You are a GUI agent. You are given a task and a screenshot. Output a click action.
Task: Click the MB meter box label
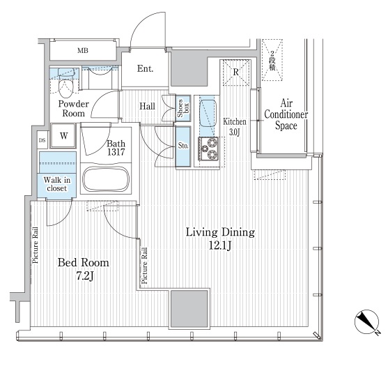83,51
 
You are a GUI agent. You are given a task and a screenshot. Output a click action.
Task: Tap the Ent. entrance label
146,68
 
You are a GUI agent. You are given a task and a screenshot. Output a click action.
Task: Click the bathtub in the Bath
106,179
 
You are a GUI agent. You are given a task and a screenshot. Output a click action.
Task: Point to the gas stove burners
208,148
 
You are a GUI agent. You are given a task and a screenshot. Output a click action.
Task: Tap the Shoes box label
183,108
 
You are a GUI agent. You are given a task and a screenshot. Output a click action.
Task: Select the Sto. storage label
183,146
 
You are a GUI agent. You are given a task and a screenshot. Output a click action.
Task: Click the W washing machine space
63,136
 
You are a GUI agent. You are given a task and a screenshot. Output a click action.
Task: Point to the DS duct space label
42,140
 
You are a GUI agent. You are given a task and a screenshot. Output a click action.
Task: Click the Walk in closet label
57,184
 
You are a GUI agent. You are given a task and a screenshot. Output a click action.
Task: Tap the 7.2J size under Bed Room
85,276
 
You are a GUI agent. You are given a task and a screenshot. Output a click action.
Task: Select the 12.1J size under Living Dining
220,245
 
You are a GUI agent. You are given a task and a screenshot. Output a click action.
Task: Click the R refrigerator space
236,73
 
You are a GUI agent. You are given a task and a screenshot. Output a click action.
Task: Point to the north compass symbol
367,322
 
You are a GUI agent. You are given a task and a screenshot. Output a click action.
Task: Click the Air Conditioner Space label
286,114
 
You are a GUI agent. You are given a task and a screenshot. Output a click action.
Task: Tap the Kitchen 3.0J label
234,127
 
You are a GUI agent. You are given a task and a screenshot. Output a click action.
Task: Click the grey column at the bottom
189,308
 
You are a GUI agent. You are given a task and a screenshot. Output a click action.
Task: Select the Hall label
147,106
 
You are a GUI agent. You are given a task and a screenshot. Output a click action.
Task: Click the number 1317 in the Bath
116,151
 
